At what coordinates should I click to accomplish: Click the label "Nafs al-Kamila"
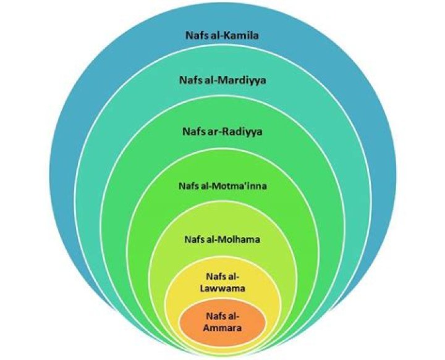click(221, 35)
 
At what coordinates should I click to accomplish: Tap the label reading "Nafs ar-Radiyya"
click(221, 131)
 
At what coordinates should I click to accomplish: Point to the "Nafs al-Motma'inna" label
click(221, 184)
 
